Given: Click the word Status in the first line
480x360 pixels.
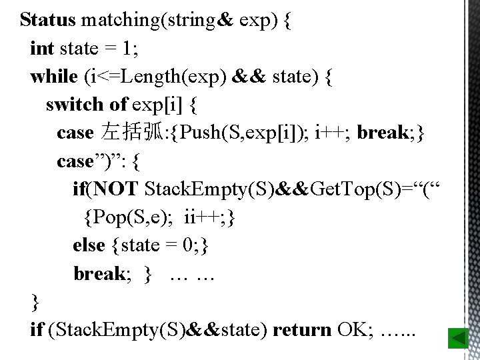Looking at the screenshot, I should tap(47, 20).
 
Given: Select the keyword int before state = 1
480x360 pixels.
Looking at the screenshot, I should tap(42, 49).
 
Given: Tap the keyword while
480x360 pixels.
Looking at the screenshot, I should tap(54, 77).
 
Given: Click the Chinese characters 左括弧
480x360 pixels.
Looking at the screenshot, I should tap(131, 133).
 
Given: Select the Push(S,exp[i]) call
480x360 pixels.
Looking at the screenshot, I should tap(235, 133).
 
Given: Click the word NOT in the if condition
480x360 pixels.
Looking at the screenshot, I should tap(117, 189).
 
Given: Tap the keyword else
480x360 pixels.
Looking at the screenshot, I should tap(89, 245).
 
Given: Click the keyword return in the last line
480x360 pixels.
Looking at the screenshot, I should tap(302, 329).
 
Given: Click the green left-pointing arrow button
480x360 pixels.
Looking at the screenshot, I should tap(458, 339).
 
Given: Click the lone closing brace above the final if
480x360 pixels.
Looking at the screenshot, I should tap(35, 302).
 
